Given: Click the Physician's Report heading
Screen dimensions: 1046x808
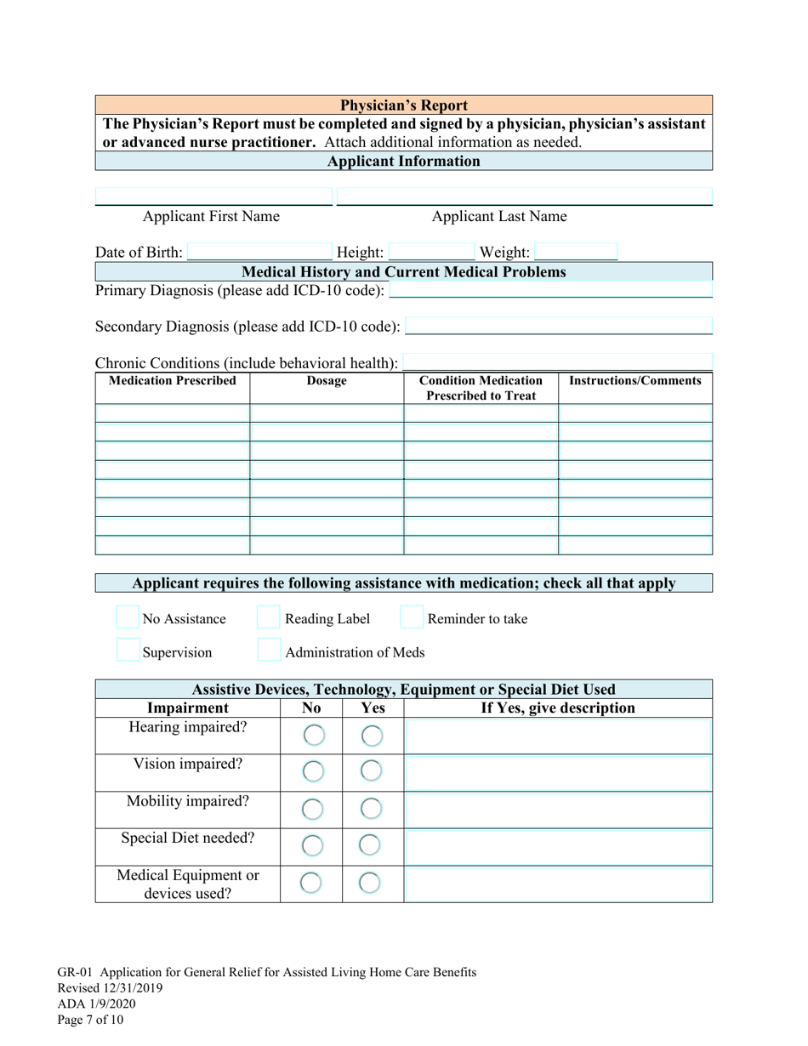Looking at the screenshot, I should [403, 105].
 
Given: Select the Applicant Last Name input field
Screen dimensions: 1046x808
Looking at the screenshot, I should [525, 197].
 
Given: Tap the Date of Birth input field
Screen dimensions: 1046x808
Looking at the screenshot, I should [259, 253].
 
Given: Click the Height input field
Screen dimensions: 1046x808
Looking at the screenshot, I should [431, 253].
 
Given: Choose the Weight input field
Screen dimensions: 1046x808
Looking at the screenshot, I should [576, 253].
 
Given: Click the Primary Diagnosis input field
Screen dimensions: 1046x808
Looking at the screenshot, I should [550, 291].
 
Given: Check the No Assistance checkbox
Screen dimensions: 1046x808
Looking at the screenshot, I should [128, 618].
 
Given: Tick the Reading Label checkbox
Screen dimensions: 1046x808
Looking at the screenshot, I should [269, 618].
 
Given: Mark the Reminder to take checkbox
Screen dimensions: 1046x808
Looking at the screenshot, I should [412, 618].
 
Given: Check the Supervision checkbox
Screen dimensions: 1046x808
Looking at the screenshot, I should [128, 652].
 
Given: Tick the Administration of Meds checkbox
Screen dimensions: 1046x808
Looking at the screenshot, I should [269, 652].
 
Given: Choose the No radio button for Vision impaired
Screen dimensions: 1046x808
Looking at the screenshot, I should [313, 772].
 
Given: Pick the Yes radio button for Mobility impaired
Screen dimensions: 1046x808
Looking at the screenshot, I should [371, 809].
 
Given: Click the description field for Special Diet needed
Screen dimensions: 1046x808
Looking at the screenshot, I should [558, 846].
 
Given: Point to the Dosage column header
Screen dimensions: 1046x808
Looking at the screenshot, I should [327, 381].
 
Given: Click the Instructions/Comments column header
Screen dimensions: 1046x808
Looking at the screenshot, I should [635, 381].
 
